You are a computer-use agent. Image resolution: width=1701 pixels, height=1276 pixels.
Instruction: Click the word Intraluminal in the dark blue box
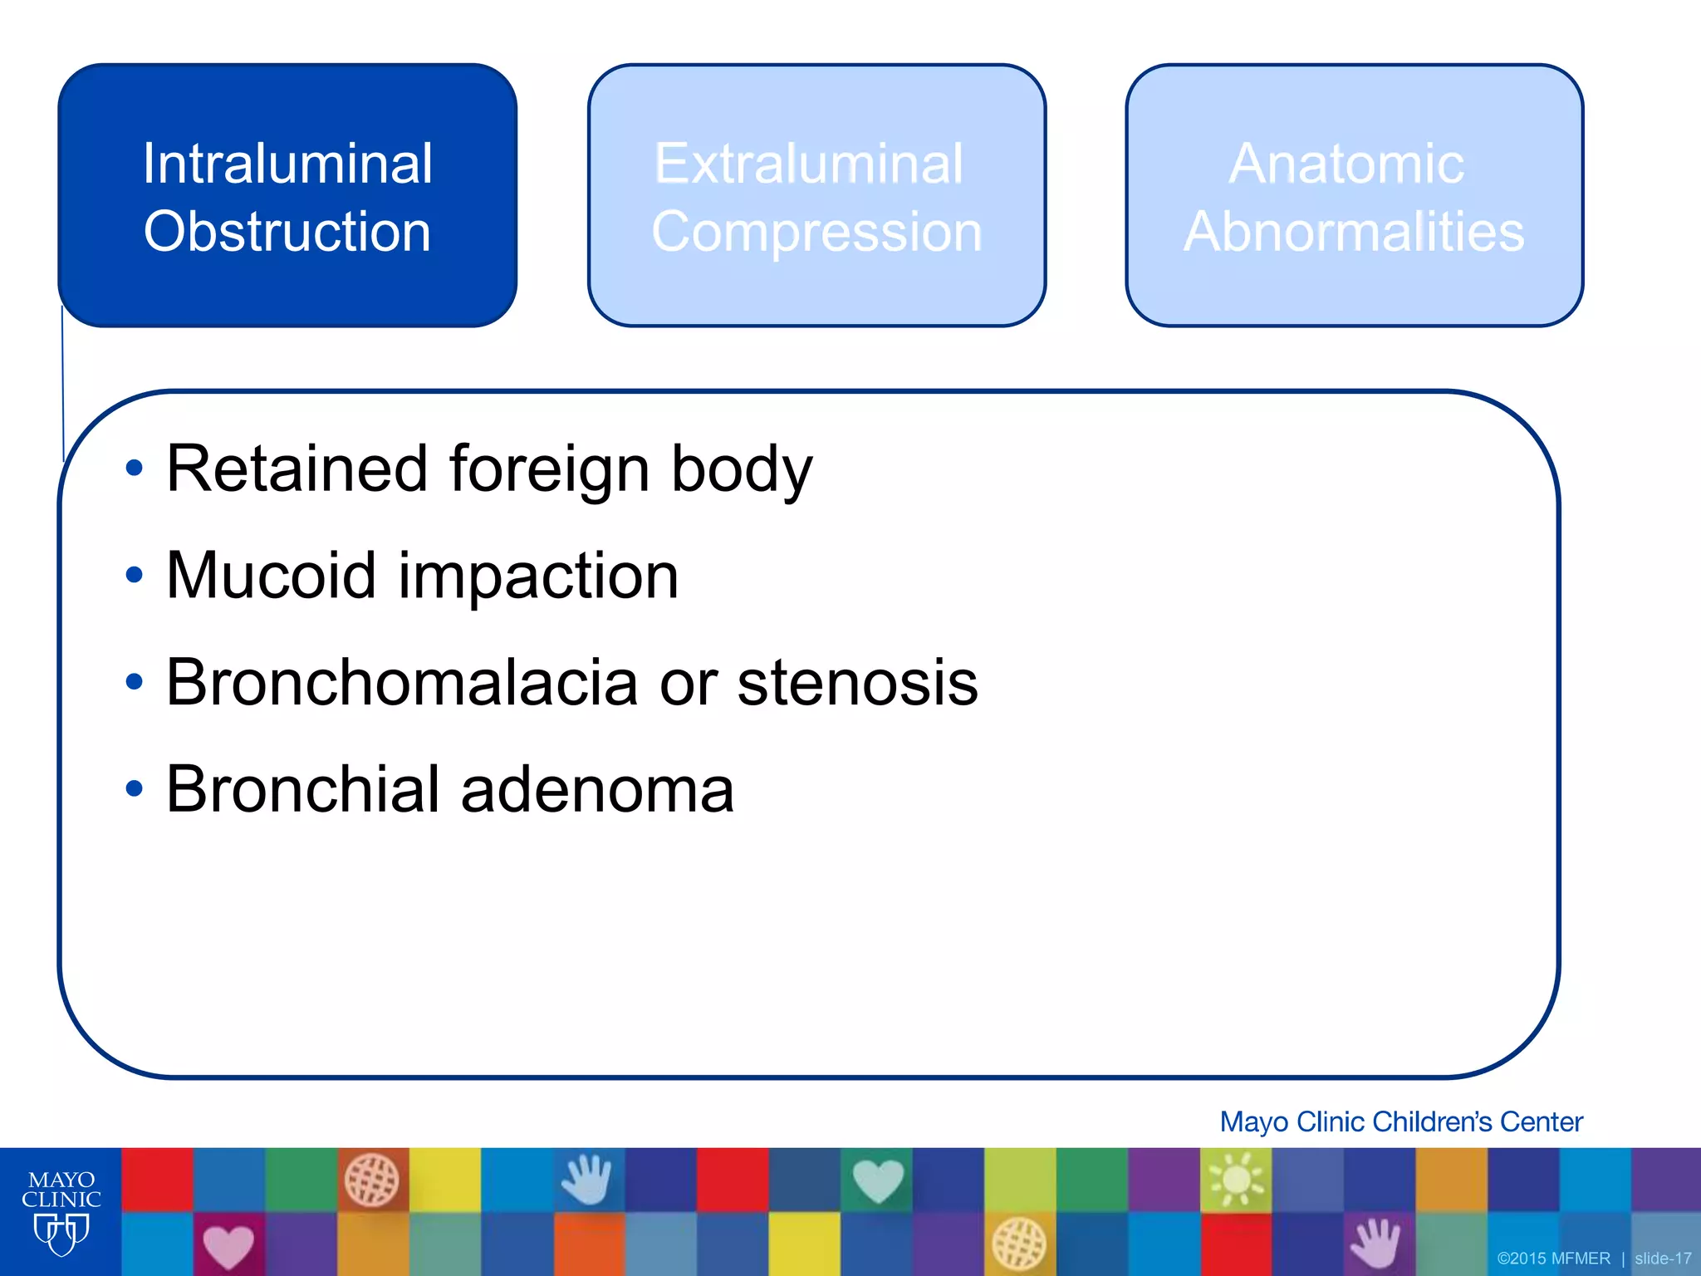tap(287, 164)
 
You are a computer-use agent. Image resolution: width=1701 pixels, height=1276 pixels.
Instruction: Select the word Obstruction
tap(287, 232)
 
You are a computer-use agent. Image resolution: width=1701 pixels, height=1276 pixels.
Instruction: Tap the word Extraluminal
tap(808, 164)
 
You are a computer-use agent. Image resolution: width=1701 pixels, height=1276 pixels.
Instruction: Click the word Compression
tap(816, 232)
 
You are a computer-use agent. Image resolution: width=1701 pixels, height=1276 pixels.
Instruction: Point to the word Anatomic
tap(1346, 164)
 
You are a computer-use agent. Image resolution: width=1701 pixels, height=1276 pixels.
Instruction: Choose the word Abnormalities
tap(1354, 232)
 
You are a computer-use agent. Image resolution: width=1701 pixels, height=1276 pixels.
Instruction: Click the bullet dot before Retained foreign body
tap(134, 469)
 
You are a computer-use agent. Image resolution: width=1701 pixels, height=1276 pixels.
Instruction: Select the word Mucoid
tap(271, 575)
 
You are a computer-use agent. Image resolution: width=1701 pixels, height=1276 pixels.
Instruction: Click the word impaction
tap(538, 577)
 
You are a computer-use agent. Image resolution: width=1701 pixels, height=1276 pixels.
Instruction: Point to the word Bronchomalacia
tap(401, 682)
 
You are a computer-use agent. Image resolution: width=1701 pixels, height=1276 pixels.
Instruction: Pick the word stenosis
tap(857, 682)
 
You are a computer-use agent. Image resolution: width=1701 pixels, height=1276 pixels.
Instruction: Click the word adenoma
tap(597, 789)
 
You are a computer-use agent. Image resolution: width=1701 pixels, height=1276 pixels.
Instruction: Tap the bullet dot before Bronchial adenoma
tap(134, 788)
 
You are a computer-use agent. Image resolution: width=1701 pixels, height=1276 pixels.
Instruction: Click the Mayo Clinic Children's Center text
tap(1400, 1121)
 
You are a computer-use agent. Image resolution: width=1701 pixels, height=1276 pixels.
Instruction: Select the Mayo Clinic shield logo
tap(61, 1234)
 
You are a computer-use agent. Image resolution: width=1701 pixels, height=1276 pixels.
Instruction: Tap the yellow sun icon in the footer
tap(1236, 1179)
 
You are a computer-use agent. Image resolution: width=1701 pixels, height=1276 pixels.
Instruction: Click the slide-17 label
tap(1663, 1259)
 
